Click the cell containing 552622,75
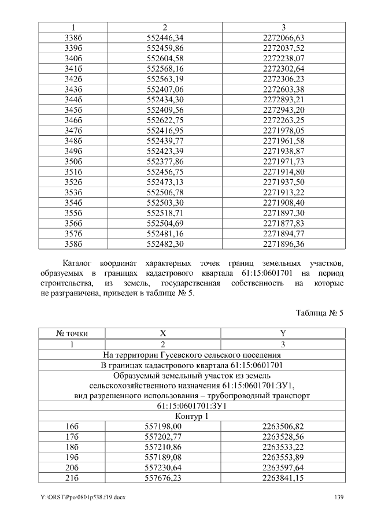pyautogui.click(x=165, y=121)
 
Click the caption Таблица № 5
pyautogui.click(x=320, y=313)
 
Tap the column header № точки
pyautogui.click(x=72, y=333)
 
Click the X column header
pyautogui.click(x=163, y=333)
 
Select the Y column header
pyautogui.click(x=283, y=333)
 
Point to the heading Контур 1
pyautogui.click(x=191, y=416)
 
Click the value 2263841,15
pyautogui.click(x=283, y=477)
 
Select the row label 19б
pyautogui.click(x=72, y=457)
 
